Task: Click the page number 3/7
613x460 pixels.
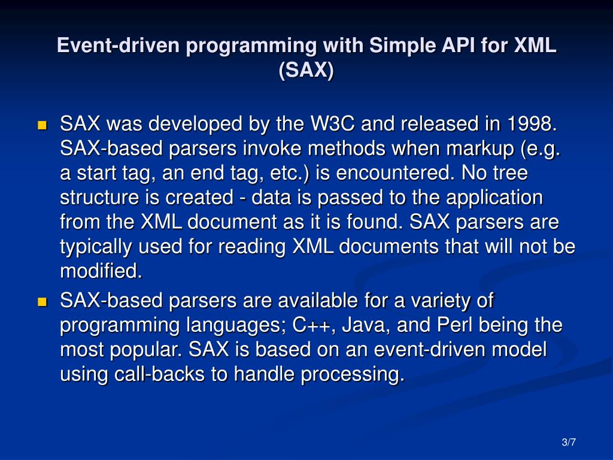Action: pyautogui.click(x=569, y=443)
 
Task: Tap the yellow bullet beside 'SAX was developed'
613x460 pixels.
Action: pyautogui.click(x=43, y=126)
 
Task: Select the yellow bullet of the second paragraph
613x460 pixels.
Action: pyautogui.click(x=43, y=302)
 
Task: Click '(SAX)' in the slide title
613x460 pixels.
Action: pyautogui.click(x=306, y=70)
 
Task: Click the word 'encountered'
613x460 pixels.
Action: pyautogui.click(x=393, y=173)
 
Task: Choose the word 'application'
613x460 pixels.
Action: pyautogui.click(x=494, y=198)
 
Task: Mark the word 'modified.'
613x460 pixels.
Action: pyautogui.click(x=101, y=271)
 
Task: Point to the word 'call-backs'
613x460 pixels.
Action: pyautogui.click(x=159, y=374)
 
